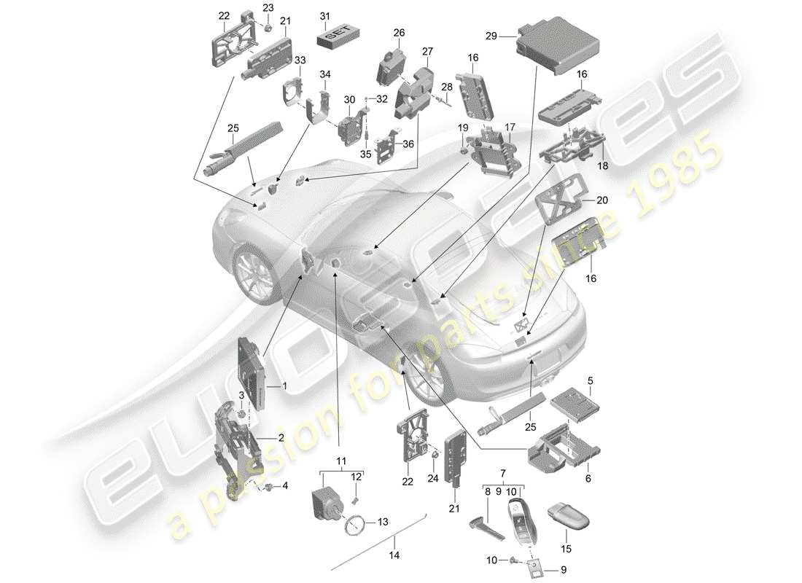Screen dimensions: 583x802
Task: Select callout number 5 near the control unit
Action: [591, 380]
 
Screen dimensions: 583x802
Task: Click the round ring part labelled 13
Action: [357, 523]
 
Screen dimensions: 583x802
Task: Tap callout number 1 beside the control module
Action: [284, 386]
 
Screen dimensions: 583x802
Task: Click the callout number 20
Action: [601, 200]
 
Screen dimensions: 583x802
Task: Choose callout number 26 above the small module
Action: [399, 33]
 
